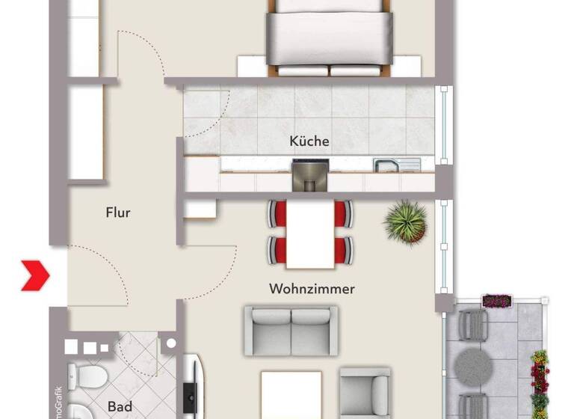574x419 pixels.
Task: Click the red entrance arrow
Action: click(x=35, y=275)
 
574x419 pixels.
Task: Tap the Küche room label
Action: click(x=309, y=141)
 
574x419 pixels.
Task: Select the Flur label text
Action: click(x=118, y=212)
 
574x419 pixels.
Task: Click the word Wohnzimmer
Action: click(x=312, y=288)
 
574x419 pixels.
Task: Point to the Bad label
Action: click(x=120, y=407)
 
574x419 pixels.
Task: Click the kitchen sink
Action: click(x=387, y=165)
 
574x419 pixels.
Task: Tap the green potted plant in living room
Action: click(x=406, y=221)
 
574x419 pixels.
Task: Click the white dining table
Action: click(x=309, y=234)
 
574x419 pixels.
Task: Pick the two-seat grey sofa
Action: click(x=291, y=330)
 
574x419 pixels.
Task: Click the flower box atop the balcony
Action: click(x=496, y=301)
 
